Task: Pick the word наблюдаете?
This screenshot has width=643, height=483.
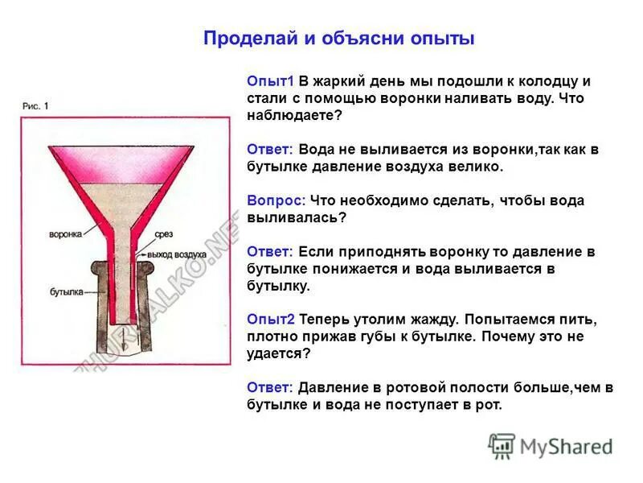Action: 294,115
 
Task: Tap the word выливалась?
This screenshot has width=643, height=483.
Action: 297,217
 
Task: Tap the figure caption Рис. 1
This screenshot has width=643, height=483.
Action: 36,105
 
